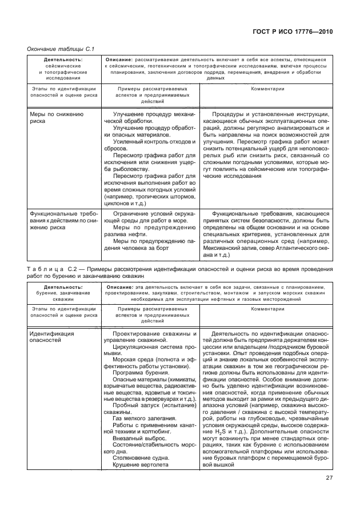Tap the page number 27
tap(329, 478)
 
